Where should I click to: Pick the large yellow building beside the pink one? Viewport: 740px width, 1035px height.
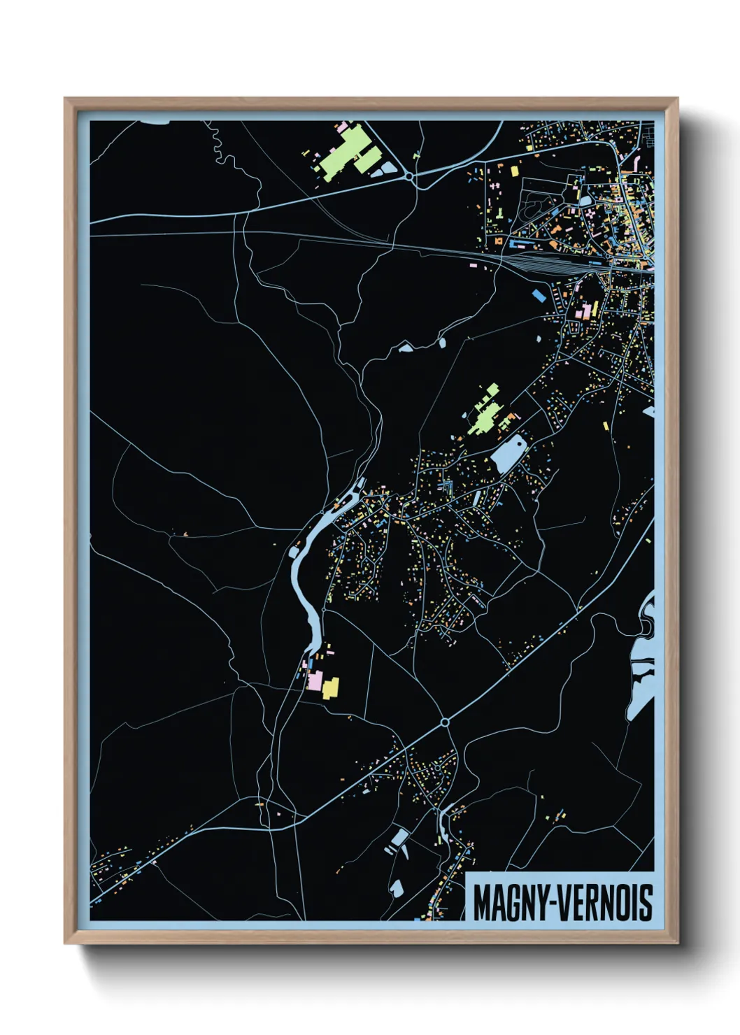330,687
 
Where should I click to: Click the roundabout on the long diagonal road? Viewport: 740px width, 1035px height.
445,722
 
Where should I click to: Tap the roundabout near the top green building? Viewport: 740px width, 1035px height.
411,178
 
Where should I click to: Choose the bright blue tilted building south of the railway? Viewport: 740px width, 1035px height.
539,294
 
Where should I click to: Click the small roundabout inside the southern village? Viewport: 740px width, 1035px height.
437,767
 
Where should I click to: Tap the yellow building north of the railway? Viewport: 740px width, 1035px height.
515,171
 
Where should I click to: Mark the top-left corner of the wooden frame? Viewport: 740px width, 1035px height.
66,99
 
